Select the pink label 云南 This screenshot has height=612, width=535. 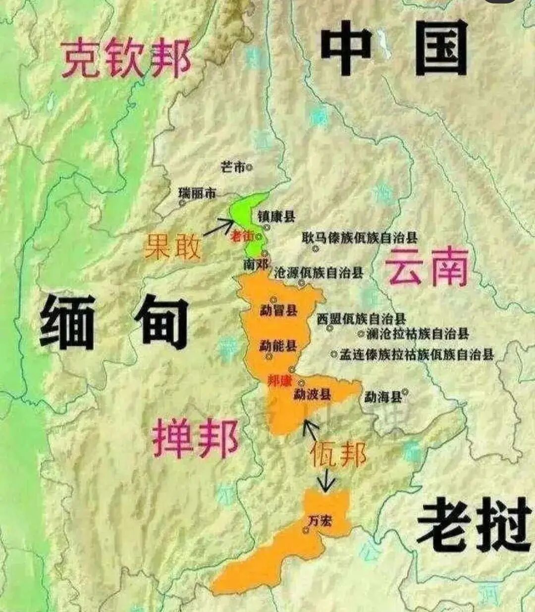point(427,268)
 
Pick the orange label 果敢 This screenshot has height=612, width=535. point(172,246)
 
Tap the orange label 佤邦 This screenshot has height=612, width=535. point(338,454)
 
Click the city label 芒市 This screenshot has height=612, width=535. point(233,167)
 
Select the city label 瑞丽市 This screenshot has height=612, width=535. point(197,193)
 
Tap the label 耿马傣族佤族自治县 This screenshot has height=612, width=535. point(360,238)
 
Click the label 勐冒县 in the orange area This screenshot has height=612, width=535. point(278,311)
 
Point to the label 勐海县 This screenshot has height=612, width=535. point(382,397)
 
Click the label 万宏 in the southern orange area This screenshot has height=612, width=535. point(320,521)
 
